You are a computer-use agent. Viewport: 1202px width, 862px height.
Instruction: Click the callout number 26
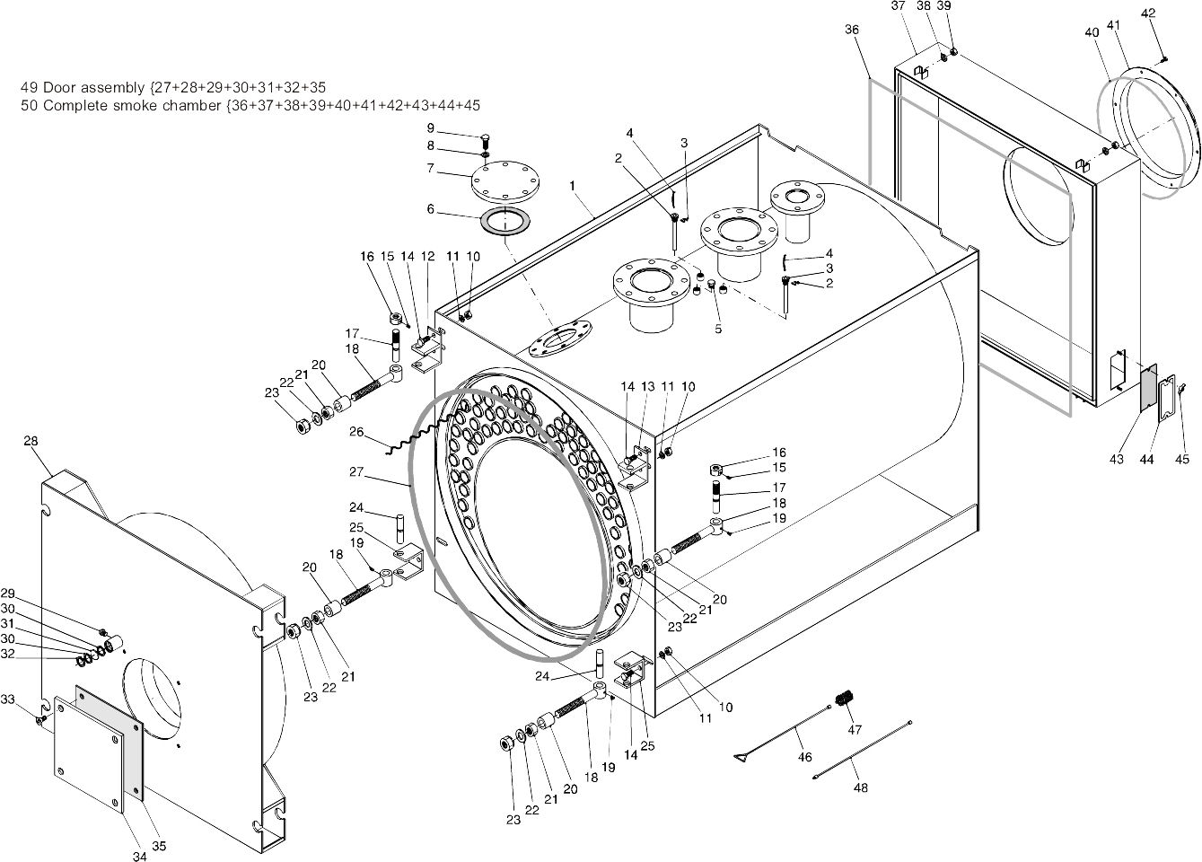[356, 432]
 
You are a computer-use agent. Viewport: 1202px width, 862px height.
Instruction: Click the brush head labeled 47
[844, 699]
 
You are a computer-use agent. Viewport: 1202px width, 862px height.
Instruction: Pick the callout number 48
[861, 787]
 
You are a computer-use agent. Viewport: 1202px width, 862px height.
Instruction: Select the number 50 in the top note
[29, 105]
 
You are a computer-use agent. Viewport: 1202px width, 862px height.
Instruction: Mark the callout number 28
[31, 441]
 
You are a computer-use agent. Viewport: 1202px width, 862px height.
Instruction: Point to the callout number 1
[571, 184]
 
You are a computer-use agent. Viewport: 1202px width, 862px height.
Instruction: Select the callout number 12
[427, 256]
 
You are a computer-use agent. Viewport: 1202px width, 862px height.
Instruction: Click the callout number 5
[718, 329]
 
